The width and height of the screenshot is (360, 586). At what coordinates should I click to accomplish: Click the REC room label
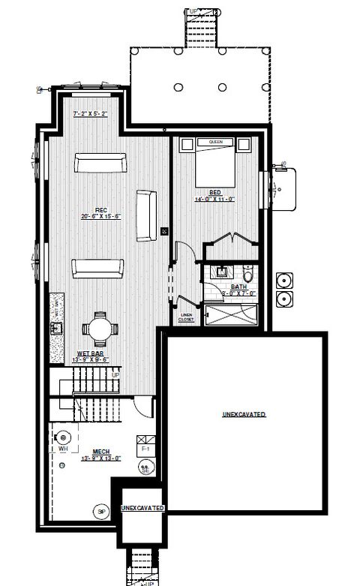(98, 209)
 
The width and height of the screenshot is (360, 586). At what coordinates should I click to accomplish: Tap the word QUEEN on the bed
(216, 142)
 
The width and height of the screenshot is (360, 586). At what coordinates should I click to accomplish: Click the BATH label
(238, 286)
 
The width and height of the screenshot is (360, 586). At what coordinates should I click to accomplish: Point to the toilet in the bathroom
(249, 272)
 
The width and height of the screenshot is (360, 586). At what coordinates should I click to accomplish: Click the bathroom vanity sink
(223, 271)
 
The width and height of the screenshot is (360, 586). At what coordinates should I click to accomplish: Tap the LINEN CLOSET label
(186, 318)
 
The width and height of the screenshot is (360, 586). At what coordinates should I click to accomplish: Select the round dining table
(99, 328)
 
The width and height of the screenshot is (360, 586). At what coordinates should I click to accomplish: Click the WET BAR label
(91, 353)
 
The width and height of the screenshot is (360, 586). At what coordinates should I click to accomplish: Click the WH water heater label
(62, 449)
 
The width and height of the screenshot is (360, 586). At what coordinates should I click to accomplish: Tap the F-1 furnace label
(145, 449)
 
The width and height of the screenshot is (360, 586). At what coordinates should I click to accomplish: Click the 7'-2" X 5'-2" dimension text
(91, 113)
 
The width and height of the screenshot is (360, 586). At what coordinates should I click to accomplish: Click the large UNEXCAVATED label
(244, 414)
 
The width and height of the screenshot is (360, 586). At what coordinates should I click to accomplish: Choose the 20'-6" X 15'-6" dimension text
(98, 216)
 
